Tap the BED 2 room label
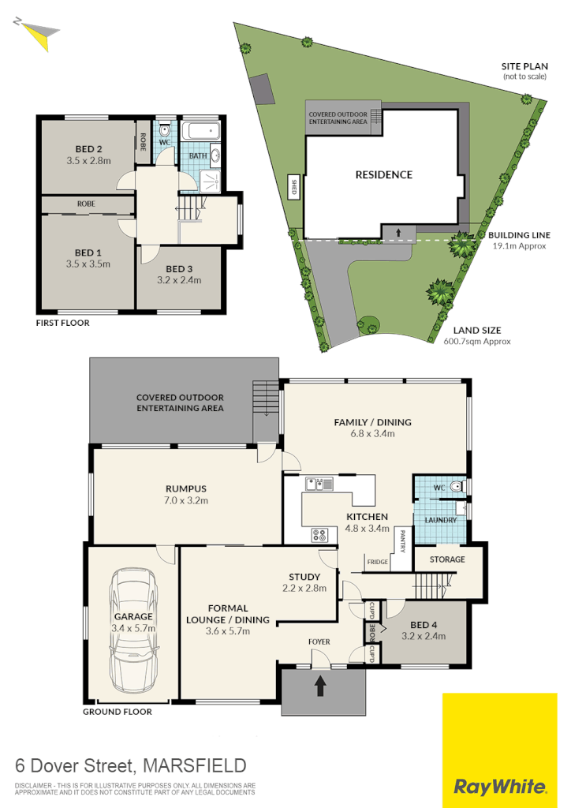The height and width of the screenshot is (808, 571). pyautogui.click(x=89, y=149)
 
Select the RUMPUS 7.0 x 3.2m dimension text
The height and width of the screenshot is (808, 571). pyautogui.click(x=186, y=500)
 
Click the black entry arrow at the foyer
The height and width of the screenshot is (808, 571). pyautogui.click(x=321, y=685)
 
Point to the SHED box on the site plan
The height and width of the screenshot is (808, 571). pyautogui.click(x=294, y=187)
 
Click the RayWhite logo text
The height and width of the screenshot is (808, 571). pyautogui.click(x=500, y=786)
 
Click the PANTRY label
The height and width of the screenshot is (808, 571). pyautogui.click(x=401, y=541)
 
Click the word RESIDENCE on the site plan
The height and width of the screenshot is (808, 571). pyautogui.click(x=383, y=174)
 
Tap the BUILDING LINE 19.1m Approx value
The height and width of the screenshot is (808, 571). pyautogui.click(x=519, y=246)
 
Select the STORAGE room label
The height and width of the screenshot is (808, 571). pyautogui.click(x=446, y=559)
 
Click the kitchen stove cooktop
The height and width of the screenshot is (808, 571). pyautogui.click(x=320, y=534)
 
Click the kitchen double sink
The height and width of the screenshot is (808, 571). pyautogui.click(x=320, y=484)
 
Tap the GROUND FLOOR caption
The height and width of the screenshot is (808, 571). pyautogui.click(x=117, y=712)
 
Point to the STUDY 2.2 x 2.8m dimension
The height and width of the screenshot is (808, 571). pyautogui.click(x=304, y=588)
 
